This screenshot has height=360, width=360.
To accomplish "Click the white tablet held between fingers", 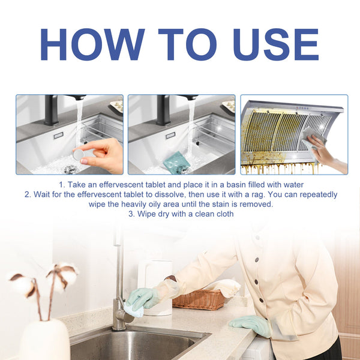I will (78, 154).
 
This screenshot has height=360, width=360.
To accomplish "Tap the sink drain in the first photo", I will (70, 170).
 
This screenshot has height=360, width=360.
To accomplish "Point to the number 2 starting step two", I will (27, 195).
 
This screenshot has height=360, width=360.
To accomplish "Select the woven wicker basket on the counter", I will (200, 298).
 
